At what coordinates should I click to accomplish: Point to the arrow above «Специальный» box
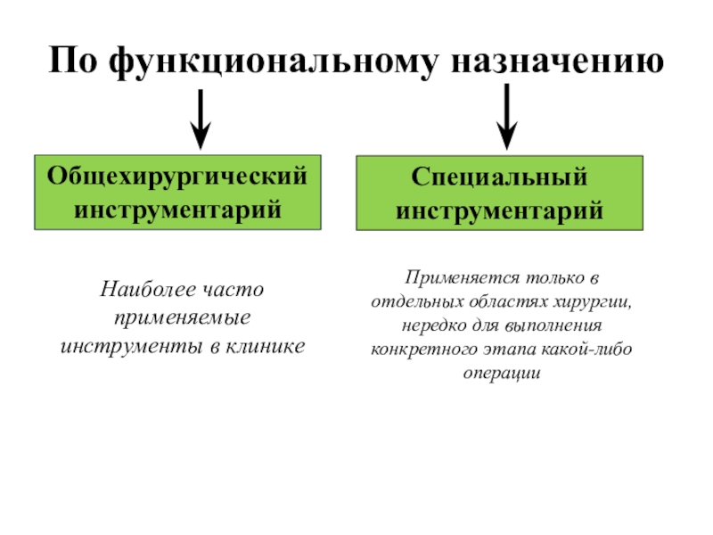[x=507, y=117]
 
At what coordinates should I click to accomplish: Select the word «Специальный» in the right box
[x=500, y=177]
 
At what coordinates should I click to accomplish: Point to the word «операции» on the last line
[x=501, y=374]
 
